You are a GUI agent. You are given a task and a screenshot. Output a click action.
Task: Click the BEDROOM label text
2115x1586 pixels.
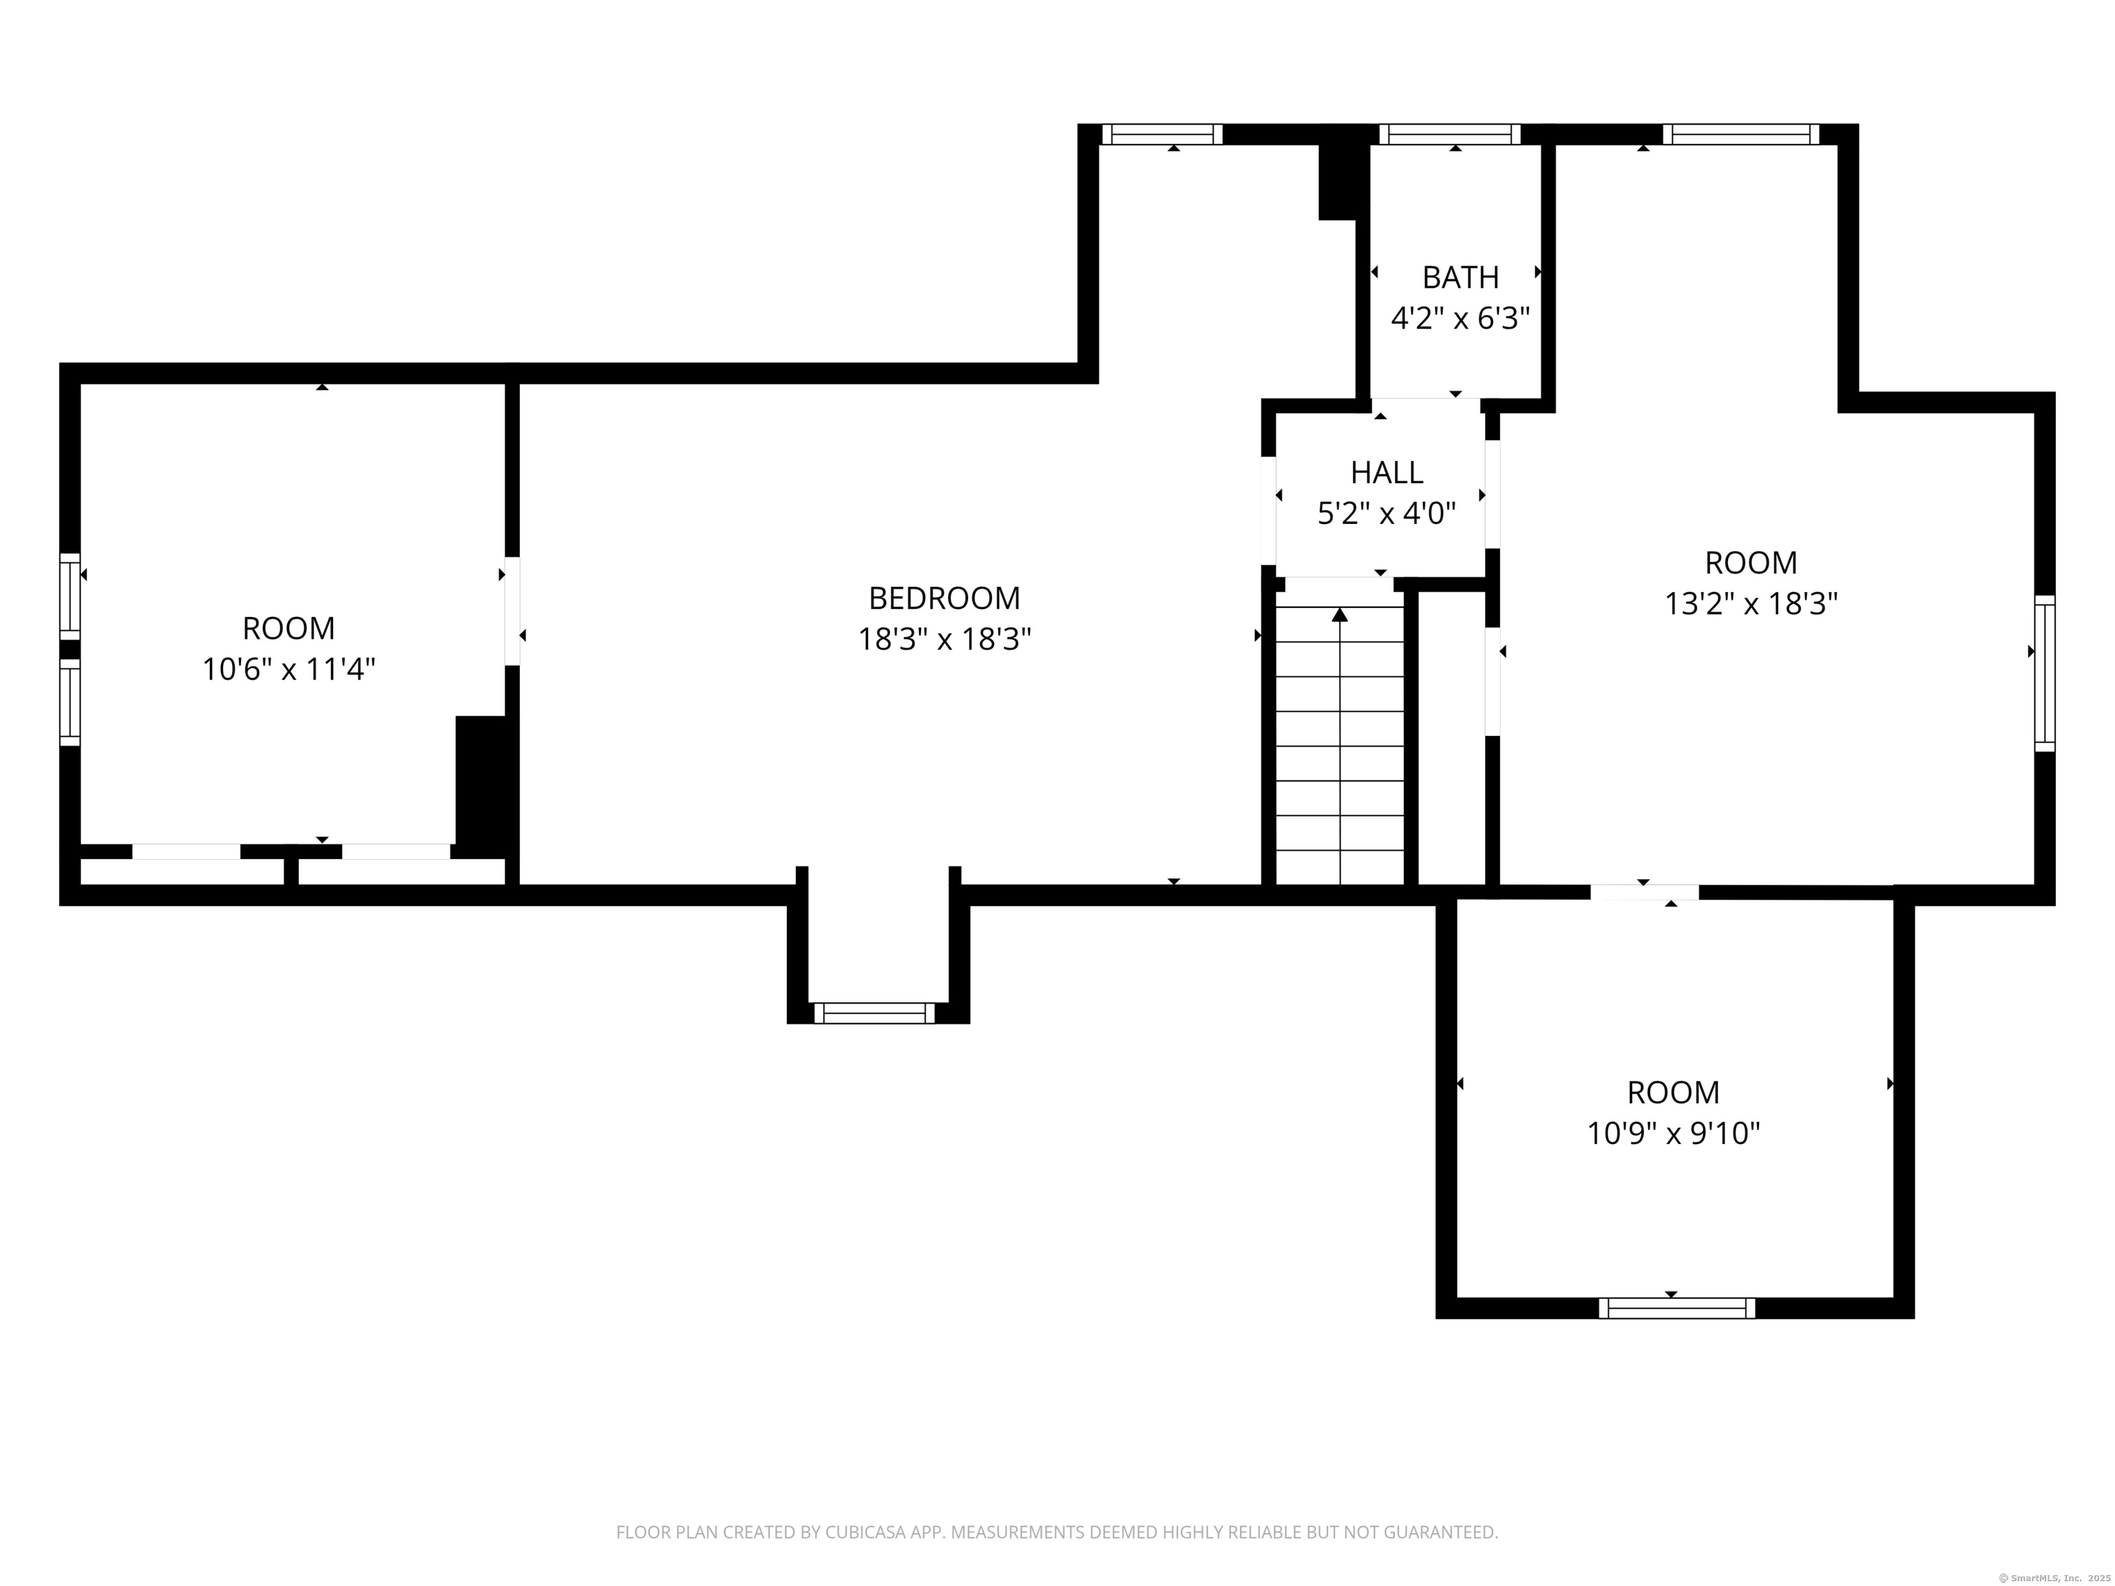point(944,598)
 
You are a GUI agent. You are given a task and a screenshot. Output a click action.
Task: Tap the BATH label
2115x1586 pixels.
point(1460,277)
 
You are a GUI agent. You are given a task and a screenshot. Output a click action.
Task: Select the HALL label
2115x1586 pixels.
point(1387,472)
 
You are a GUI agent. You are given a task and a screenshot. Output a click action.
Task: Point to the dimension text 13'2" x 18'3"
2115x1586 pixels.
point(1751,604)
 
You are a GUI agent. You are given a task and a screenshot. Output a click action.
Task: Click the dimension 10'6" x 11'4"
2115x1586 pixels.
point(288,669)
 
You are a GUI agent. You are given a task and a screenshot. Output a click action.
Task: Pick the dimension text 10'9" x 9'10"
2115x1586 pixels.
point(1673,1134)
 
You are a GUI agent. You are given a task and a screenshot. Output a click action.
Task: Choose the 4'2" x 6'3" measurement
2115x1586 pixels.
point(1460,318)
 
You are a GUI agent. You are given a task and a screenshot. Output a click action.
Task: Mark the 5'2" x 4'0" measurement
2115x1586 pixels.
point(1387,514)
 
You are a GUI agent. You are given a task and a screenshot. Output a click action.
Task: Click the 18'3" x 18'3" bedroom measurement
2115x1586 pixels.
point(944,639)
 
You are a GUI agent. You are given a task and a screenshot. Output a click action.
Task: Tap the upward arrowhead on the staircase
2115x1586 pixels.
point(1340,615)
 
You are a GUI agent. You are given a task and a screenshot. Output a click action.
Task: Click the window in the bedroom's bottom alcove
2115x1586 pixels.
point(874,1013)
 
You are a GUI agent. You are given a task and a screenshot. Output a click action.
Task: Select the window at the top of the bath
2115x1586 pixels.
point(1449,134)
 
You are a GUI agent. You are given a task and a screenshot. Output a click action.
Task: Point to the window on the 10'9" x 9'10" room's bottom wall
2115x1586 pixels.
point(1677,1308)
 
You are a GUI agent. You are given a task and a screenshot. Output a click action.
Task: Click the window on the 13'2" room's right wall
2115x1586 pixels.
point(2044,673)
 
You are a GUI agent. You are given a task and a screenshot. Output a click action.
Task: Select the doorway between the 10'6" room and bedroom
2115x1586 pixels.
point(512,611)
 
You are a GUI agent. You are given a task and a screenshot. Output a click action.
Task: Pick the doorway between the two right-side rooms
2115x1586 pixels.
point(1645,892)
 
